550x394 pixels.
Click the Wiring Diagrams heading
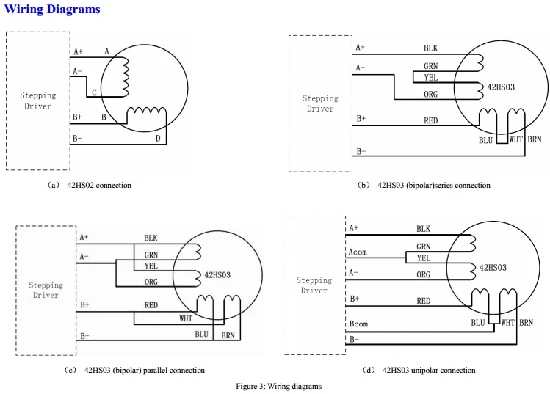(x=52, y=9)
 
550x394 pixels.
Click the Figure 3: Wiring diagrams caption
(x=278, y=386)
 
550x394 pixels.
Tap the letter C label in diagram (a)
(x=94, y=92)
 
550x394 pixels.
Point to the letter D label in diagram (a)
(x=158, y=139)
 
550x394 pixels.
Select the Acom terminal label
(x=358, y=252)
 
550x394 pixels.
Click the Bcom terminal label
(x=358, y=324)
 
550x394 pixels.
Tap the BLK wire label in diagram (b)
(x=430, y=48)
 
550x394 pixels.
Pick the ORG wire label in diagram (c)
(x=151, y=282)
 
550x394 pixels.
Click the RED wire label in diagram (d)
(x=424, y=301)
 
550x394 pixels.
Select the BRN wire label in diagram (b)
(x=535, y=139)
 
